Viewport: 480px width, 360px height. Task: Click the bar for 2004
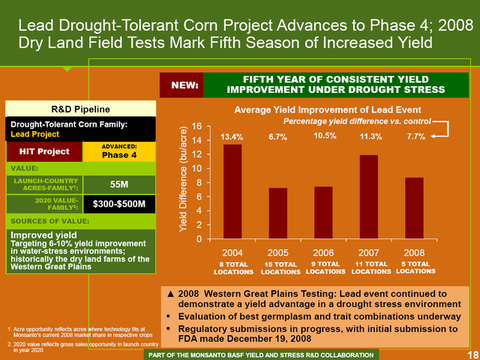point(232,191)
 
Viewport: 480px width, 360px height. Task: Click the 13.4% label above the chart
point(232,136)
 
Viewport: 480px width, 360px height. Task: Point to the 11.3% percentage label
point(370,136)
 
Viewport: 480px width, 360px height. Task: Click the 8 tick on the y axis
point(199,183)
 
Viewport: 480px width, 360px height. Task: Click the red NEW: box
point(188,87)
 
